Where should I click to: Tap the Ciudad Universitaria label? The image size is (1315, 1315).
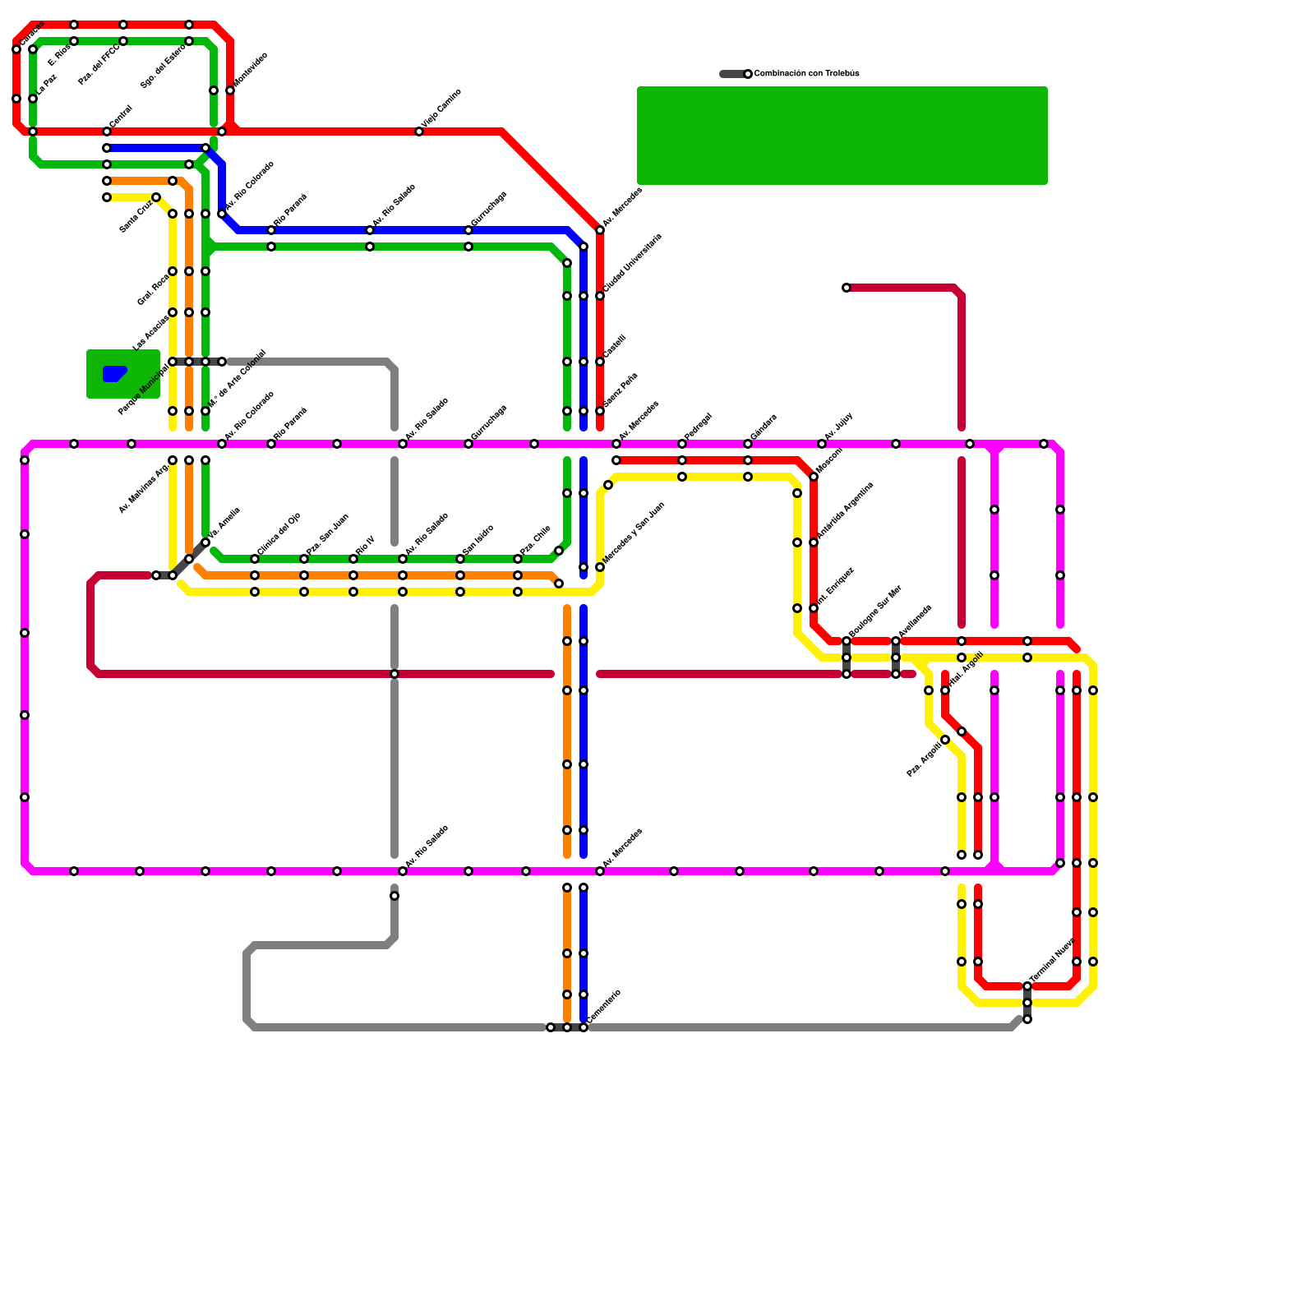[632, 262]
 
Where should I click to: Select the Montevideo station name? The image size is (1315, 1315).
[250, 69]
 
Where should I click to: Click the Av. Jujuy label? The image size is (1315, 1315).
[838, 427]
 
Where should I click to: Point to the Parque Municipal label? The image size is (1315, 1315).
[143, 388]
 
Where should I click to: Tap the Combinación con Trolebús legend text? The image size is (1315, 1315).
[806, 74]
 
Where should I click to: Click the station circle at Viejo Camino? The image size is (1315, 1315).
[419, 131]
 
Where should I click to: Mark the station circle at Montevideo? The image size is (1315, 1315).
[230, 90]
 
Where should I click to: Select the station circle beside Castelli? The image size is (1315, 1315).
[600, 362]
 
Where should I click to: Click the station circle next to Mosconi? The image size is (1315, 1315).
[814, 477]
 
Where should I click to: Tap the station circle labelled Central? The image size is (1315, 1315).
[107, 131]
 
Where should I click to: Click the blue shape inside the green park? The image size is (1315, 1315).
[113, 374]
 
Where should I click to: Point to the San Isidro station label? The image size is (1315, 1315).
[478, 539]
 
